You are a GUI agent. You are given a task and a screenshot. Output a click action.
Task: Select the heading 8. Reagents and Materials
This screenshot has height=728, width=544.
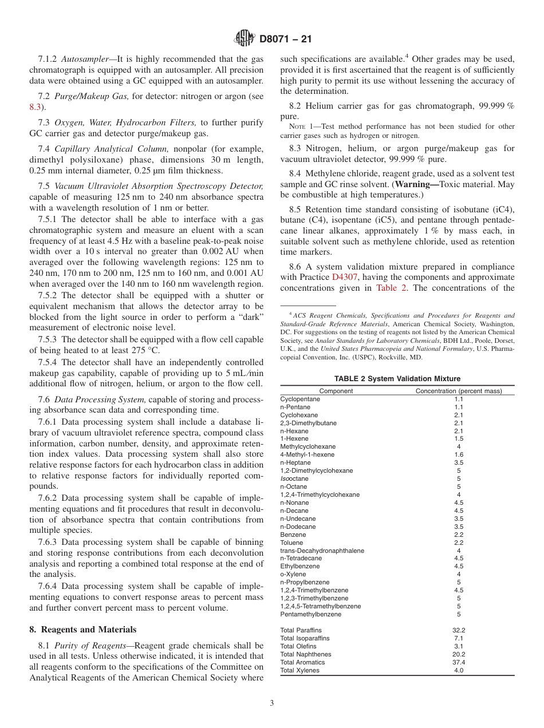tap(83, 630)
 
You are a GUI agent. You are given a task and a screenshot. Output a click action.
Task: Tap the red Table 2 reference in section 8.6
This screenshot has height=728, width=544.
tap(392, 288)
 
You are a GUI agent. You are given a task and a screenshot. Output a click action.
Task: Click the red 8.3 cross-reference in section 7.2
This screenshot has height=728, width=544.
tap(35, 107)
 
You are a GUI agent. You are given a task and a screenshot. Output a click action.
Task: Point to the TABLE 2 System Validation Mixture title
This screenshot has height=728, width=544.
tap(397, 378)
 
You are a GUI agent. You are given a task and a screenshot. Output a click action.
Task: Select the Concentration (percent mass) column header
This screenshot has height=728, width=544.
tap(458, 391)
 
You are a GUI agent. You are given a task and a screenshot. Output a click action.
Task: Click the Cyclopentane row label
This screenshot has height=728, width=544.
tap(299, 399)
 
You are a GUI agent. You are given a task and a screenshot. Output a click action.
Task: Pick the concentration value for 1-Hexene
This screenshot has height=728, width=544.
tap(459, 438)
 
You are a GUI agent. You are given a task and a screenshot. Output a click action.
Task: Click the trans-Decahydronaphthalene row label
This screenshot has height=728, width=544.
tap(322, 551)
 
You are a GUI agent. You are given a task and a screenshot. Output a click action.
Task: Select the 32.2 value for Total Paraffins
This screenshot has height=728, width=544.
tap(459, 630)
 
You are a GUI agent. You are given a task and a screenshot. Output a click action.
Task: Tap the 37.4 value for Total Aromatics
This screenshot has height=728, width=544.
tap(459, 662)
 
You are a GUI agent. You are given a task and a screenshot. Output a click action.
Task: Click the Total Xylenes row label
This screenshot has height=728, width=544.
tap(299, 670)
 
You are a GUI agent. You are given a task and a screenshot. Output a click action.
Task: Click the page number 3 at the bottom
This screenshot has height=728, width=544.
tap(272, 703)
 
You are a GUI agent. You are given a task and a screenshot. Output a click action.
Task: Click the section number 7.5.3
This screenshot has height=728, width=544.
tap(49, 339)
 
